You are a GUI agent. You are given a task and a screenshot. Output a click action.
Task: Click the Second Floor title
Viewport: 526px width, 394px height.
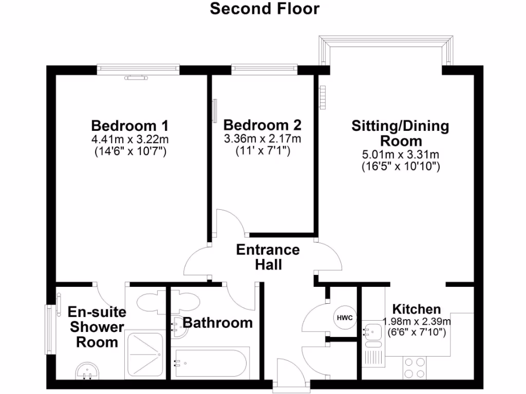pyautogui.click(x=265, y=9)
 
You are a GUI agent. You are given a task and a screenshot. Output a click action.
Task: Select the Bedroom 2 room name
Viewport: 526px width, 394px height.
pyautogui.click(x=262, y=125)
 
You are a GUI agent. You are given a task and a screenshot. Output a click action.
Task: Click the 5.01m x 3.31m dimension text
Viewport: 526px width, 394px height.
pyautogui.click(x=400, y=154)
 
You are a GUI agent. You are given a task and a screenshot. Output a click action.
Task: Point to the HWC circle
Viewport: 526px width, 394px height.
pyautogui.click(x=345, y=318)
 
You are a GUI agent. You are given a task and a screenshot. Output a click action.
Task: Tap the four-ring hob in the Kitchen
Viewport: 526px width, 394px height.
pyautogui.click(x=415, y=367)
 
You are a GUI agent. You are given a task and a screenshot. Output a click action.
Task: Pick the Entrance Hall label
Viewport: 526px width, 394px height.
pyautogui.click(x=268, y=257)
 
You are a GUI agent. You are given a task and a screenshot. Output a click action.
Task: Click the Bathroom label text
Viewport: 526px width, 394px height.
pyautogui.click(x=218, y=323)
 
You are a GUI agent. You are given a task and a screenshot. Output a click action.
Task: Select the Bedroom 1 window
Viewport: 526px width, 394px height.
pyautogui.click(x=138, y=69)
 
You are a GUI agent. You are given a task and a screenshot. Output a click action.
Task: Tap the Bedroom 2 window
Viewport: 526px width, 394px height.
pyautogui.click(x=264, y=69)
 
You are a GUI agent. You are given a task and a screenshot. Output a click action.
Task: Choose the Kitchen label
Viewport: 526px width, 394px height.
pyautogui.click(x=417, y=309)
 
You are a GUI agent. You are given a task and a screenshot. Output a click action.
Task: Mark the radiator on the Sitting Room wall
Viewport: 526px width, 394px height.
pyautogui.click(x=323, y=96)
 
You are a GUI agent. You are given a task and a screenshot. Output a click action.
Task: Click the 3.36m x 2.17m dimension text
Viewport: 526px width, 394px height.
pyautogui.click(x=262, y=139)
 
